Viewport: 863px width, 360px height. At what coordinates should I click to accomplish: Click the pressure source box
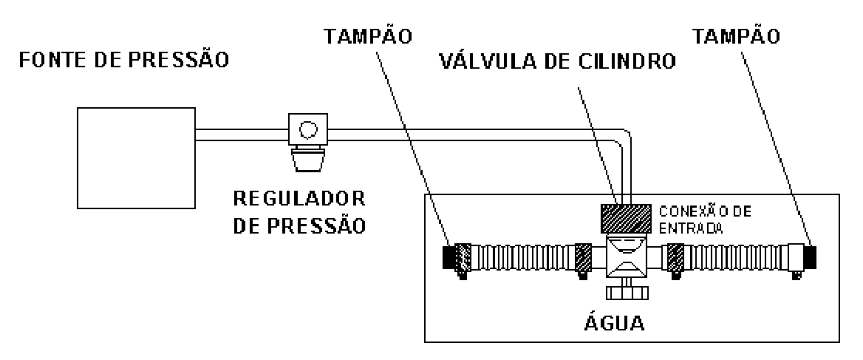coord(136,158)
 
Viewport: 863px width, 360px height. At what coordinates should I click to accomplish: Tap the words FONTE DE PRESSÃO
coord(124,59)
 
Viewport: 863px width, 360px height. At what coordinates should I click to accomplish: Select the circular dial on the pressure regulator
coord(307,130)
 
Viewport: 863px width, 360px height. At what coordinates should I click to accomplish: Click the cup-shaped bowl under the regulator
coord(307,160)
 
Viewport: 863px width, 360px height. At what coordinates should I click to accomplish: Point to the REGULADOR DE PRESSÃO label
coord(299,212)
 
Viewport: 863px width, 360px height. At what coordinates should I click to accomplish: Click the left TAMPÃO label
coord(368,36)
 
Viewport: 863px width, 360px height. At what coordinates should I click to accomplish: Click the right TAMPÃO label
coord(737,36)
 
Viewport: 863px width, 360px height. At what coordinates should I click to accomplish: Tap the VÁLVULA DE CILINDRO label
coord(557,61)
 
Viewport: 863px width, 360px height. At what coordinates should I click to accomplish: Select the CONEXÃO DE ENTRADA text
coord(705,220)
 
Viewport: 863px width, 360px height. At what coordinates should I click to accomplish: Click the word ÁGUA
coord(614,322)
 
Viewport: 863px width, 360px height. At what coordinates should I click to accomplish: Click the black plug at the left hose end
coord(449,257)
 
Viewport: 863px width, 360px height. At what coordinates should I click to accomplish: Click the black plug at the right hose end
coord(810,257)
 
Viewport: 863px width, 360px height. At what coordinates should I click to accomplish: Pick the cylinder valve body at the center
coord(627,257)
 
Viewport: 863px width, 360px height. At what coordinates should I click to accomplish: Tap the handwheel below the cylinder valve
coord(627,293)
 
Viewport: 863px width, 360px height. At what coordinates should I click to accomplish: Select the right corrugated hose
coord(735,257)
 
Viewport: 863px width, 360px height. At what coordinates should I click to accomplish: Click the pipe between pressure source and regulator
coord(242,135)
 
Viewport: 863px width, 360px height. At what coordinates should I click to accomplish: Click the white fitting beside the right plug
coord(796,257)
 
